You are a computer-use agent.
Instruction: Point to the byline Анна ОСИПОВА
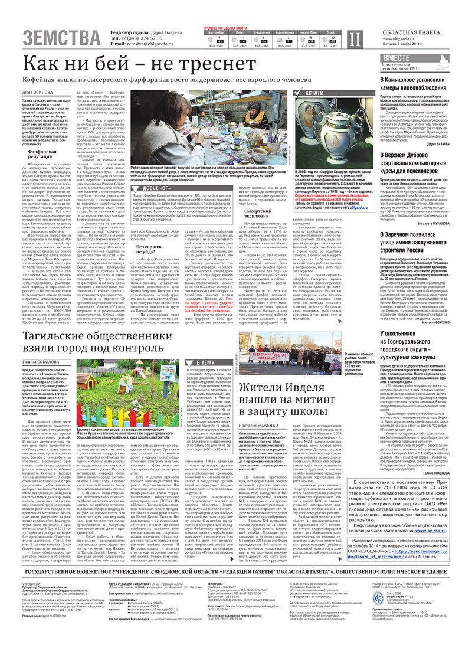click(37, 93)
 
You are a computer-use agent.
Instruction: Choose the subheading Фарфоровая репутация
click(41, 155)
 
